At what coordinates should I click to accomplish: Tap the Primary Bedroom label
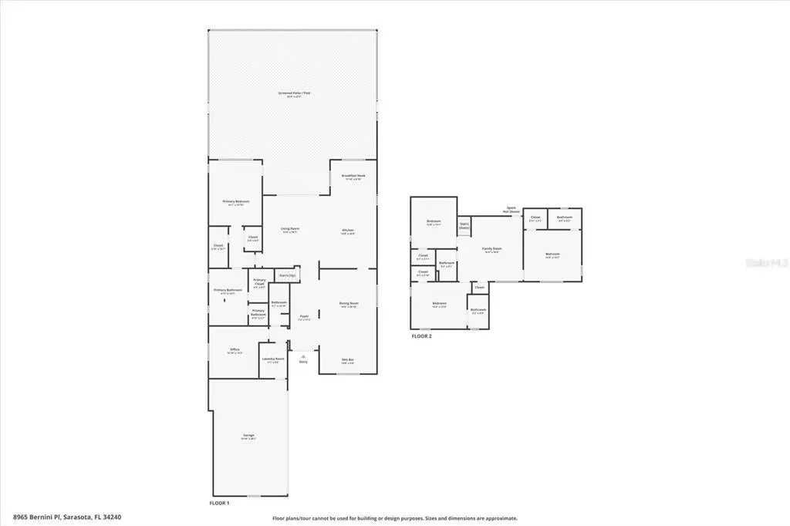pos(235,202)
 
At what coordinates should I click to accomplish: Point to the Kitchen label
pos(348,231)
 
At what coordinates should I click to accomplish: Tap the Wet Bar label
pos(347,360)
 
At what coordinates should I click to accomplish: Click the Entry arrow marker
pos(303,356)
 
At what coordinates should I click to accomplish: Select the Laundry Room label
pos(273,359)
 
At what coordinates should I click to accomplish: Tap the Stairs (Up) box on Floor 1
pos(287,275)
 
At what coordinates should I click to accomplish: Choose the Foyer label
pos(304,316)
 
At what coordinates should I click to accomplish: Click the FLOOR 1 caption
pos(220,503)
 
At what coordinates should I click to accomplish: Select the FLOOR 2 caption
pos(421,336)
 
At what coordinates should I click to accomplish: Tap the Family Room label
pos(491,249)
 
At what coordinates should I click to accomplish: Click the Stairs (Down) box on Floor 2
pos(464,227)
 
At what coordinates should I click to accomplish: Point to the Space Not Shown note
pos(510,209)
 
